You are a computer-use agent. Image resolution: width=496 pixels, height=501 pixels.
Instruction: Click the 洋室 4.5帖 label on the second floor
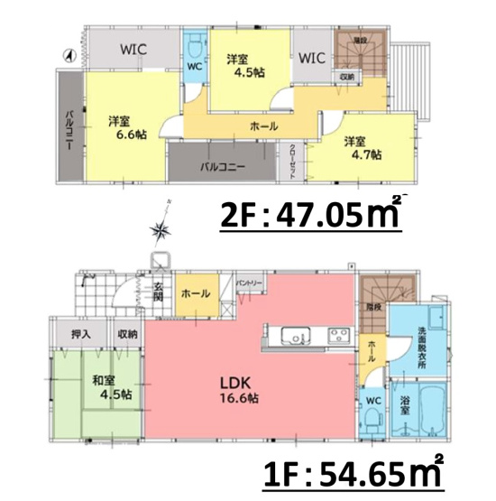pyautogui.click(x=243, y=65)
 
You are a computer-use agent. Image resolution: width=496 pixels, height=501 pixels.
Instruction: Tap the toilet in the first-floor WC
pyautogui.click(x=374, y=418)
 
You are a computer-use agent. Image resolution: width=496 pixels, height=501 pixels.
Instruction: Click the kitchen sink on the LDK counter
pyautogui.click(x=297, y=337)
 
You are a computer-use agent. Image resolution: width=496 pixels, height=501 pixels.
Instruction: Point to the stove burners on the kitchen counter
pyautogui.click(x=338, y=337)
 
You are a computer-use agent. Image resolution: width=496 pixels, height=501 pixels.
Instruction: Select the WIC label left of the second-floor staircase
pyautogui.click(x=311, y=59)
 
